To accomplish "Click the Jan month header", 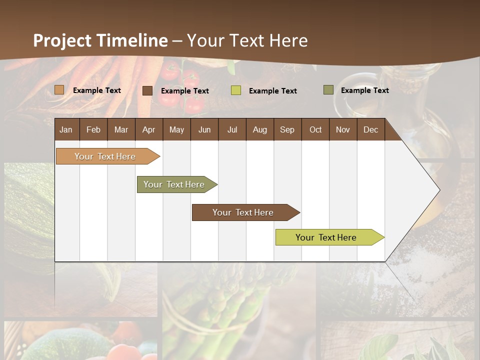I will (66, 129).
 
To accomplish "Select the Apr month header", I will (149, 129).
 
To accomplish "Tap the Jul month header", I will (232, 129).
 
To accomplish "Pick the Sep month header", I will (287, 129).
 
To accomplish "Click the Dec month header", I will (370, 129).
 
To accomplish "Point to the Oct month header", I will (315, 129).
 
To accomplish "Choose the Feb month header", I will (93, 129).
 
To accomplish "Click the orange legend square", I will (59, 90).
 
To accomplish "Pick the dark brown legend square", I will (147, 90).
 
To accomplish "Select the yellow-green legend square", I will (236, 90).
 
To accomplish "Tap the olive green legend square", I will (328, 90).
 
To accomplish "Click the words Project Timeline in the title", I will (100, 40).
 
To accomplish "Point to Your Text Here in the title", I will (247, 40).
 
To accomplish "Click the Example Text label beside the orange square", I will (97, 90).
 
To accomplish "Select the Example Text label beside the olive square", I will (365, 90).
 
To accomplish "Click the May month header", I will (176, 129).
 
